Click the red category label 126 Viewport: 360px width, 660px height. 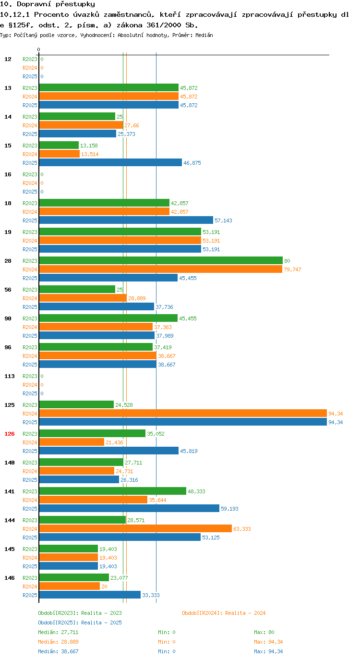10,434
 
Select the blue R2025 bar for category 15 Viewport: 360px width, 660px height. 110,162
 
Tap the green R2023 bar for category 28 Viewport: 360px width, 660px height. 161,260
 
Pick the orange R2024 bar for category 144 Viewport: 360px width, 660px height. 135,528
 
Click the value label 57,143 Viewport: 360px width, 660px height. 223,220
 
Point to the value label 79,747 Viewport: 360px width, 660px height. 292,269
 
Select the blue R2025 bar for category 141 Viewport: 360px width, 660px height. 129,508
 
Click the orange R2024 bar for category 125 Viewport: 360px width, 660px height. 183,414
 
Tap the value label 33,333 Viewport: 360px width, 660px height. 151,595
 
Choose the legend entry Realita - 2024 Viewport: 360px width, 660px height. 224,613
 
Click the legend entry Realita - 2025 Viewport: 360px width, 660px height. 80,623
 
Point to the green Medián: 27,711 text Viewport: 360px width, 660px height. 58,632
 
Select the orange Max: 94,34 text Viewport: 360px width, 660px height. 268,642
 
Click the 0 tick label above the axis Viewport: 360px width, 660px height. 38,49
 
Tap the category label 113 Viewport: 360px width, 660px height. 10,376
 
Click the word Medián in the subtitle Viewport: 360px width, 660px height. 204,35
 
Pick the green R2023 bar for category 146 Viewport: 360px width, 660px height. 74,577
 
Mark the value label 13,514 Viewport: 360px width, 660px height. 90,154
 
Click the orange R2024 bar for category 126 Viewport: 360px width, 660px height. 72,442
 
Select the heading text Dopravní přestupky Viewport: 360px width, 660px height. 56,4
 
